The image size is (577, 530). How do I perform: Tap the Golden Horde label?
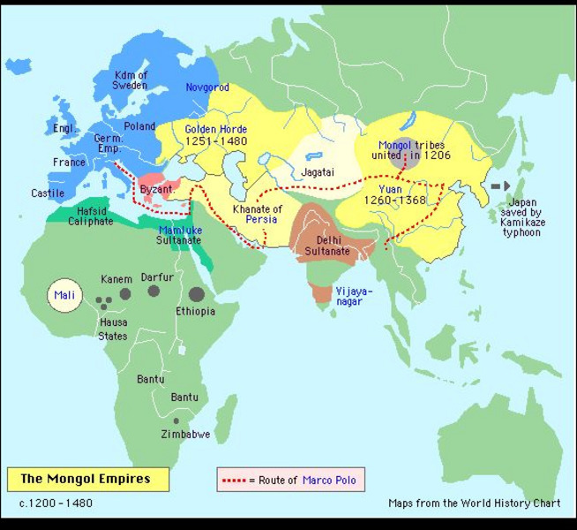coord(216,135)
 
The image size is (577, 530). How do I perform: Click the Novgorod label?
coord(207,88)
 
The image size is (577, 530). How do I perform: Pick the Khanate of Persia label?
coord(258,215)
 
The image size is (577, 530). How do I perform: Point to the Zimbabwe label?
coord(185,435)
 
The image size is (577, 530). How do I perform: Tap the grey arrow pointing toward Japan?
coord(500,186)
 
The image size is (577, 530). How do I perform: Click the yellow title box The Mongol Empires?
coord(86,480)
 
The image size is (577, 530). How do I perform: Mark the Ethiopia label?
coord(195,312)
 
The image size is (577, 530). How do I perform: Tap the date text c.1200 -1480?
coord(56,503)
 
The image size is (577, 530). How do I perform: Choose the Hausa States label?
coord(113,329)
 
